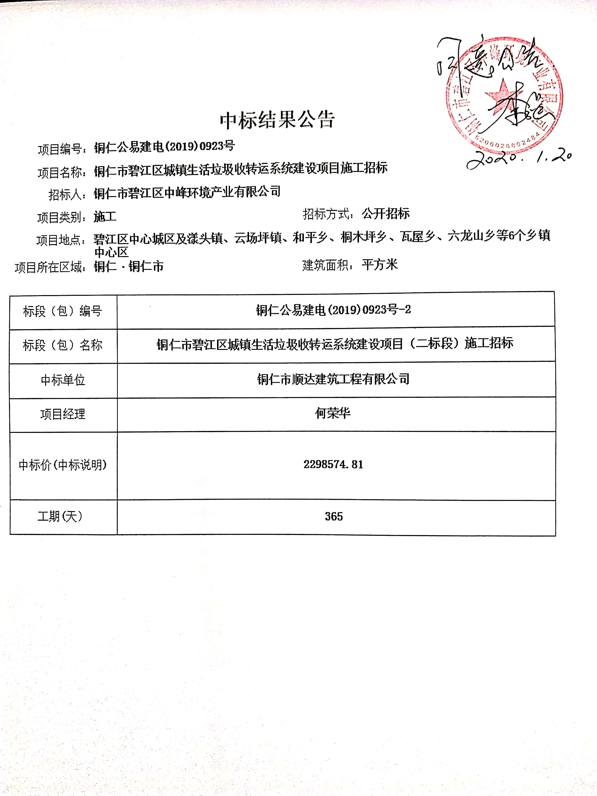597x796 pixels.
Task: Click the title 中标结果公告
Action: coord(277,120)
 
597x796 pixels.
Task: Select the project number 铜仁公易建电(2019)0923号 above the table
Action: coord(164,147)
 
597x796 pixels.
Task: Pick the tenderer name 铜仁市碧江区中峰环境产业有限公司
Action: coord(187,192)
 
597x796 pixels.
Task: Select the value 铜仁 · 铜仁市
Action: coord(129,267)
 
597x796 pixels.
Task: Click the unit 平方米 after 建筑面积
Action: coord(380,265)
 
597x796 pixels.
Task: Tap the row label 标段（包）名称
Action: coord(63,345)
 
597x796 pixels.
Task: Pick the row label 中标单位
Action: coord(63,380)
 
